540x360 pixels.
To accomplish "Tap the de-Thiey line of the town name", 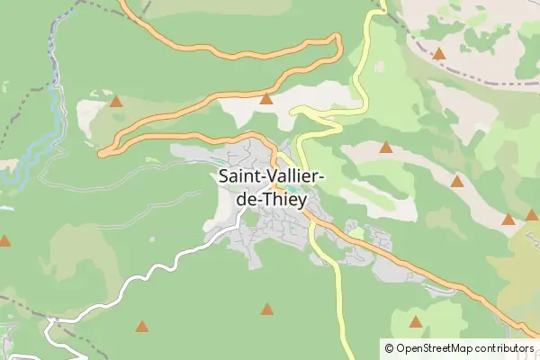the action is (x=271, y=200).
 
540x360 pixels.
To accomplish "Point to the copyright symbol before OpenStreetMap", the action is (x=390, y=347).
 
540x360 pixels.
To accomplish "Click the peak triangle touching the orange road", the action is (x=266, y=98).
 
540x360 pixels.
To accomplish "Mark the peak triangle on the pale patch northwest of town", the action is (x=115, y=101).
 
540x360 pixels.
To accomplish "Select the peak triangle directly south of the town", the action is (x=266, y=309).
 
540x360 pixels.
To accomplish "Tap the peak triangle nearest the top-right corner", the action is (x=439, y=54).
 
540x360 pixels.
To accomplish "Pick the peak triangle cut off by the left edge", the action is (x=4, y=240).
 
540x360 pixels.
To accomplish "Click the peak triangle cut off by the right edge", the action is (x=533, y=214).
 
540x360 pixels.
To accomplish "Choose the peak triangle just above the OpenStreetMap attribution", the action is (x=415, y=321).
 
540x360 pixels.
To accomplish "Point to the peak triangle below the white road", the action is (x=140, y=326).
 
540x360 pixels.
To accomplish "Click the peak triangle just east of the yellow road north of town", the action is (x=386, y=147).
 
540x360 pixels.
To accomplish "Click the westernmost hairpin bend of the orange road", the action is (x=104, y=152).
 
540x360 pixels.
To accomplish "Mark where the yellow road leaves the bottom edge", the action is (x=346, y=355).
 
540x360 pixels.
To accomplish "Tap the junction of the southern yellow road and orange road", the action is (x=308, y=216).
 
